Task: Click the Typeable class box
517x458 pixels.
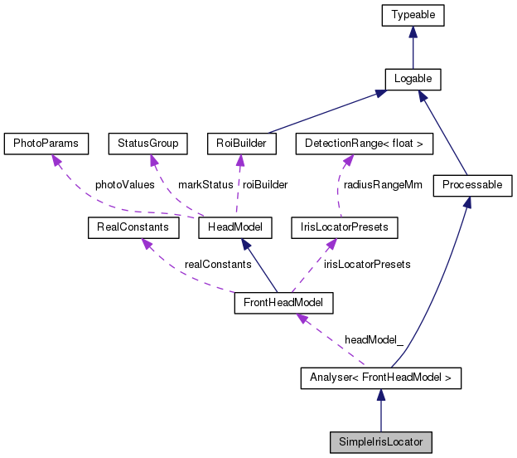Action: (413, 15)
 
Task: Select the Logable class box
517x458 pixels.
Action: (413, 79)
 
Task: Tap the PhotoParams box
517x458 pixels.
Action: (46, 144)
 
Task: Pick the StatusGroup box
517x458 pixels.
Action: (148, 144)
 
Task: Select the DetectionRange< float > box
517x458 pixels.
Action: (365, 144)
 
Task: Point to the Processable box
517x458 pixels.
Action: (472, 185)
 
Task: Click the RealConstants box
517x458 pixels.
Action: (128, 227)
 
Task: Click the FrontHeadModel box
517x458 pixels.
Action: (283, 303)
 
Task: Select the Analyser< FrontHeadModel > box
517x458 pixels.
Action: (380, 379)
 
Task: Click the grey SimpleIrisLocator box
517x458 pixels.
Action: (380, 441)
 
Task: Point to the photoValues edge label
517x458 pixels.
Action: (124, 185)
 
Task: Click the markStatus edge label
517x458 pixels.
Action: (205, 185)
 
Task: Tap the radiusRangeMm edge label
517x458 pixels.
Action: (383, 185)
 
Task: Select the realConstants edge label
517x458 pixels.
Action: (218, 264)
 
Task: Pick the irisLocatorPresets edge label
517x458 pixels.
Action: (367, 264)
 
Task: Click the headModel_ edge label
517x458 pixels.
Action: (374, 341)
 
